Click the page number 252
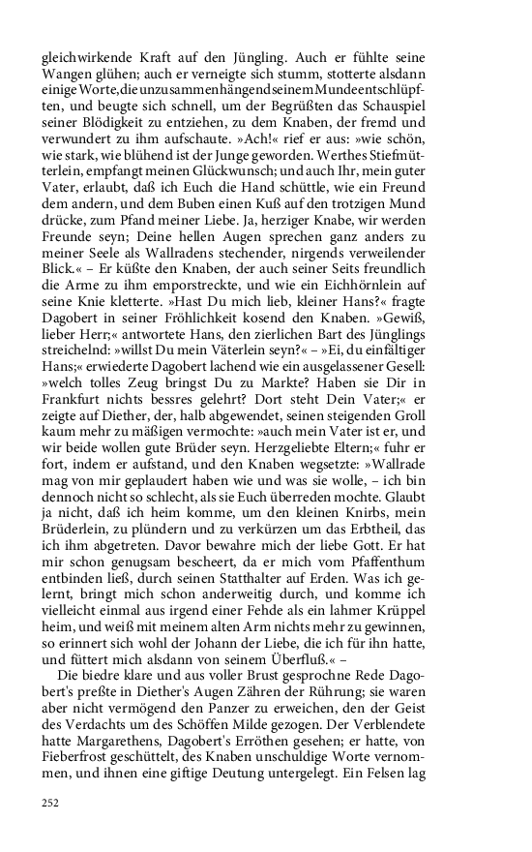(50, 802)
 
